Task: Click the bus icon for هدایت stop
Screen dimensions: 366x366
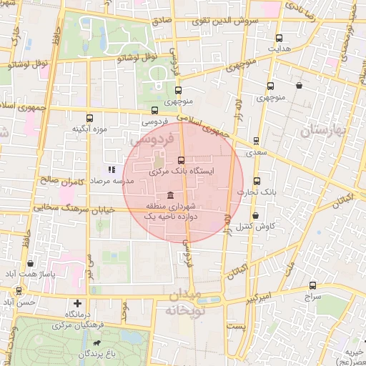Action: pos(279,38)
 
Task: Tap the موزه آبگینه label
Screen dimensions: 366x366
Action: pos(89,129)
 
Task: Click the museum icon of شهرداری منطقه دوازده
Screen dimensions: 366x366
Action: pos(170,195)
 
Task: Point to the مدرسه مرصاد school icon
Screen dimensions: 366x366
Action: pos(111,170)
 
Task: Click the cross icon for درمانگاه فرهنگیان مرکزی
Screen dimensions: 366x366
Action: pos(78,304)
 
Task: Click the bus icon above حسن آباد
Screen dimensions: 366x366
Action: pos(18,291)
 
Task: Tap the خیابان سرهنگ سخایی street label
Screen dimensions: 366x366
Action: pos(65,207)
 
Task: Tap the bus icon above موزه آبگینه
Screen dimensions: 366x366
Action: pos(89,118)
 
